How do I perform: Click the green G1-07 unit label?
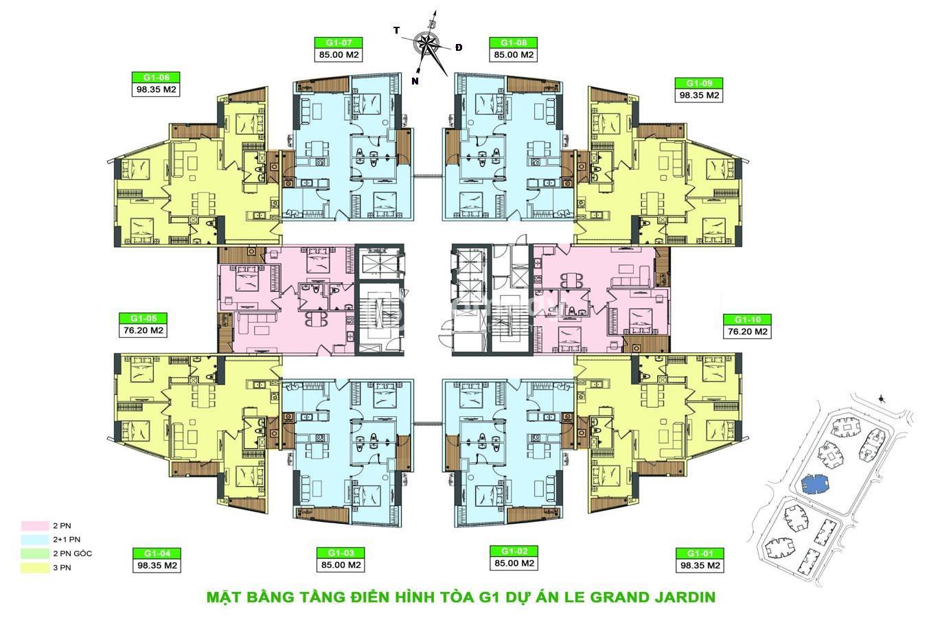(339, 43)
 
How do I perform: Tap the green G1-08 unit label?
(513, 43)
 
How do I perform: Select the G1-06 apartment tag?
(156, 78)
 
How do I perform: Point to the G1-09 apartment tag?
(699, 83)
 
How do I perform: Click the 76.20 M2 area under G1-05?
(144, 331)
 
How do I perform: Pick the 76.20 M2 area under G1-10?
(747, 332)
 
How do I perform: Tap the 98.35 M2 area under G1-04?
(157, 565)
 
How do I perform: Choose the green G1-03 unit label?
(341, 553)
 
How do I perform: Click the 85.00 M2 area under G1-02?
(514, 563)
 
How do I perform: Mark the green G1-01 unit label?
(700, 553)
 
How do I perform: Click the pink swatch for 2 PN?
(35, 526)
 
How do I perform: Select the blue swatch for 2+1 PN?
(35, 540)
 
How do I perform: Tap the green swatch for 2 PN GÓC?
(35, 554)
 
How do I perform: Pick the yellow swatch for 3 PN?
(35, 568)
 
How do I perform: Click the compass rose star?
(426, 43)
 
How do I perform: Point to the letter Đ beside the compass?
(458, 47)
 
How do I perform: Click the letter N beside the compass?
(415, 81)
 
